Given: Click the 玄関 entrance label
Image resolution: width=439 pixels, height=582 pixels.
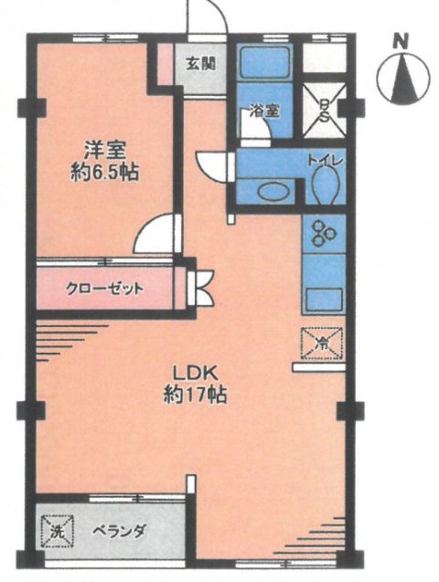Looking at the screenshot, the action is point(200,64).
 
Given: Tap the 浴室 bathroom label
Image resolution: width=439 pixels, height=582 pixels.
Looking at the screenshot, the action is point(264,111).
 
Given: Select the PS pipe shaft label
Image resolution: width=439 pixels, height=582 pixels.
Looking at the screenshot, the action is point(325,111).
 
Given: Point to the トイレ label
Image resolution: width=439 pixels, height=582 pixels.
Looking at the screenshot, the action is point(326,161).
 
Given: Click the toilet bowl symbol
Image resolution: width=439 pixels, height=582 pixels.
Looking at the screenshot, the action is point(325,185).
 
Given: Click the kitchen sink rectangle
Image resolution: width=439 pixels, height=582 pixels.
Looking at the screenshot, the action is point(324,299).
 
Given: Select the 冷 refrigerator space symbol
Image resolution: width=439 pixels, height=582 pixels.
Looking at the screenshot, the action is point(322,343).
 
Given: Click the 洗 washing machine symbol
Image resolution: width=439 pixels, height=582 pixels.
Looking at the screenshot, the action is point(57,531).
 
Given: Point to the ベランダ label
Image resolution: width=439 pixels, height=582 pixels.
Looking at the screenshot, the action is point(119,532).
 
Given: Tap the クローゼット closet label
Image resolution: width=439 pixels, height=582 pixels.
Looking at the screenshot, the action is point(104,289).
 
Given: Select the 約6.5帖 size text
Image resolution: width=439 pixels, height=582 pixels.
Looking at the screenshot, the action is point(105,173).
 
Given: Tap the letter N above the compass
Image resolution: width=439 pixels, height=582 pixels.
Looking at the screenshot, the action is point(401,41).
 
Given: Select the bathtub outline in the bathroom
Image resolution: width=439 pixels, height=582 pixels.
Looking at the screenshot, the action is point(265,62).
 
